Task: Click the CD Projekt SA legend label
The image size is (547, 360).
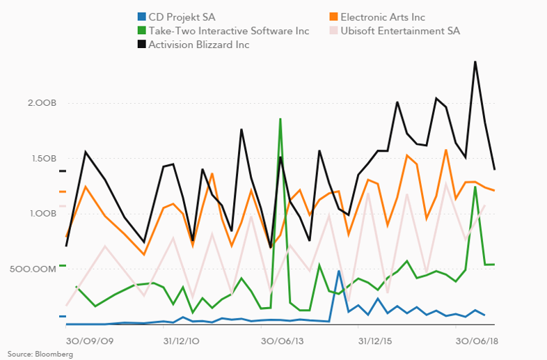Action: coord(182,17)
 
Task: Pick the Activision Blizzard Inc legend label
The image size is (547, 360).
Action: coord(199,45)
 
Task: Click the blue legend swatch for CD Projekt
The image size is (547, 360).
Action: coord(141,17)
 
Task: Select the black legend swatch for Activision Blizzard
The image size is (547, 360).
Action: coord(141,45)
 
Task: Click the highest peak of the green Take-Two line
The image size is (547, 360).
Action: coord(280,119)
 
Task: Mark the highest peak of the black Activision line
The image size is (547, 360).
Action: coord(475,62)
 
